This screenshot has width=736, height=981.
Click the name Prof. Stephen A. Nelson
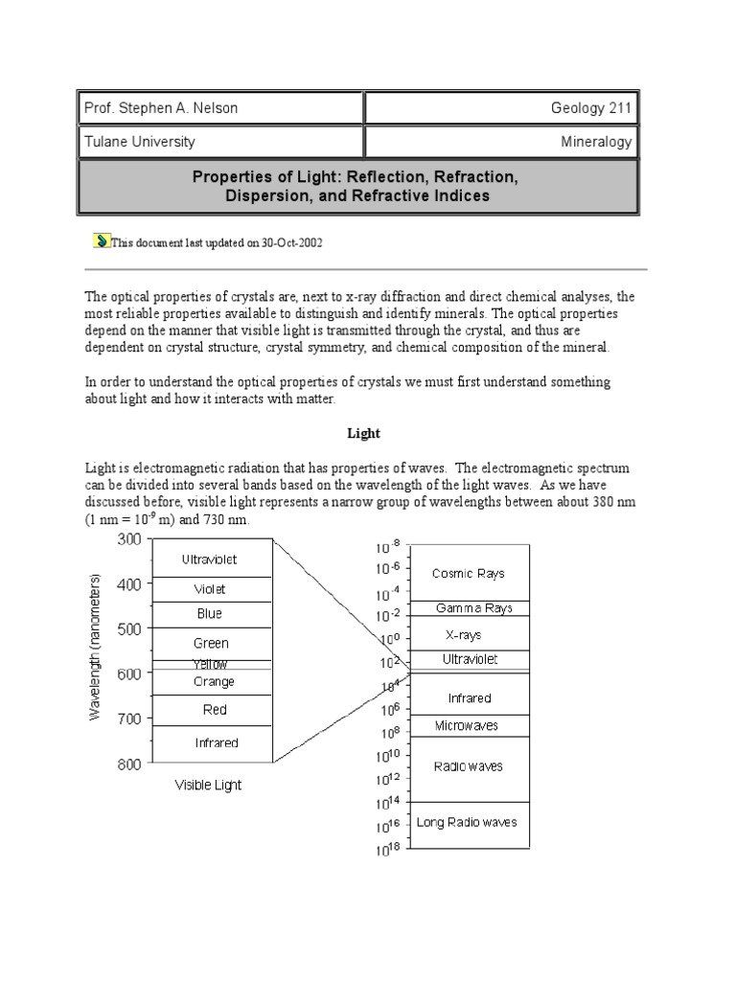point(161,108)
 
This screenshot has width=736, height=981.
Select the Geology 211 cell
point(591,108)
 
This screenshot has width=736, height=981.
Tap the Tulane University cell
point(140,142)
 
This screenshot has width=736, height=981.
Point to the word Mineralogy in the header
point(596,142)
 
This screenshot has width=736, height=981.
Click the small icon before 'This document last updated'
point(102,241)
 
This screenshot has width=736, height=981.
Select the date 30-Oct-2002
point(291,243)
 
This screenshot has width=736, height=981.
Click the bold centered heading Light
point(363,433)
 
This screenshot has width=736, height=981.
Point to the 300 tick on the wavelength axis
point(128,539)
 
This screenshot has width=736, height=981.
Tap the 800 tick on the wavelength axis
point(128,764)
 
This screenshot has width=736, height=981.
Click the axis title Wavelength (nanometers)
point(95,648)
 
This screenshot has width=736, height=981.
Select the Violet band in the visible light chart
point(210,590)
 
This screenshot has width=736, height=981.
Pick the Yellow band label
point(210,664)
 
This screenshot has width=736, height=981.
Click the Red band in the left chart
point(215,710)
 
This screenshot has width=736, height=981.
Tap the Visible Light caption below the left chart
point(208,786)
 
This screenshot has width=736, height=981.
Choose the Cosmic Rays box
point(468,573)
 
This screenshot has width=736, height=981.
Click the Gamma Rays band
point(473,608)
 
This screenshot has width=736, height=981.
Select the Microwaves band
point(467,725)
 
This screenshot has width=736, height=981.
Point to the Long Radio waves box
point(467,822)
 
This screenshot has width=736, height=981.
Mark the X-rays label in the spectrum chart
point(464,634)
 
